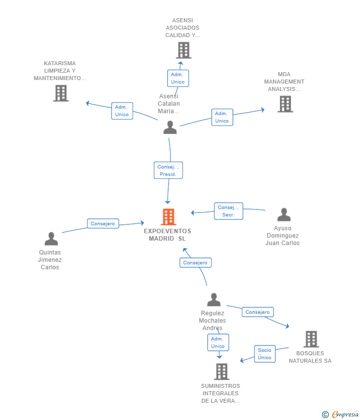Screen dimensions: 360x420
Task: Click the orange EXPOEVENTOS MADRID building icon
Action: click(168, 217)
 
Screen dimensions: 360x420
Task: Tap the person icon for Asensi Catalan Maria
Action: click(170, 127)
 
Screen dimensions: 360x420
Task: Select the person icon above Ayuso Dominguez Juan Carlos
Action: click(284, 214)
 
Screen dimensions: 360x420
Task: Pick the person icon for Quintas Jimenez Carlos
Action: click(51, 239)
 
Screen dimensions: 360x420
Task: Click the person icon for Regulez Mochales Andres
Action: click(214, 299)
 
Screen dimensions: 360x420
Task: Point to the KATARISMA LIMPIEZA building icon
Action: click(61, 93)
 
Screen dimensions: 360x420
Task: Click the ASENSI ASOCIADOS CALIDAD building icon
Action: click(183, 50)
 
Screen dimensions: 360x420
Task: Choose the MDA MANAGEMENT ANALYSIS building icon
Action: click(285, 104)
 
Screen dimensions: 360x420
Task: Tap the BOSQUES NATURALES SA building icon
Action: click(311, 339)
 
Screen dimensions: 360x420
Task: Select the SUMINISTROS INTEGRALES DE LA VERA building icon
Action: click(222, 372)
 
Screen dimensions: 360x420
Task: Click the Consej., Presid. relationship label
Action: click(168, 170)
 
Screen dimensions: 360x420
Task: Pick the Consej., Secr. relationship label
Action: click(228, 211)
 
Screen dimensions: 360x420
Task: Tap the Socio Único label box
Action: click(265, 354)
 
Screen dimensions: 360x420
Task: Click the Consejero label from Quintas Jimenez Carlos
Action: click(103, 224)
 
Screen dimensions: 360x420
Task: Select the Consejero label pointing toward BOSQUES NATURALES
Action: click(258, 312)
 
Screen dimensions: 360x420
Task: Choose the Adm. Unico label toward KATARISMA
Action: click(122, 111)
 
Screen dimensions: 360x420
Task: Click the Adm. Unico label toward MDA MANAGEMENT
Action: click(222, 117)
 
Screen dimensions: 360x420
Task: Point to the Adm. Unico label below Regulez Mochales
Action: click(218, 342)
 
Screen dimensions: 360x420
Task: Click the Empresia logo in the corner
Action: click(340, 415)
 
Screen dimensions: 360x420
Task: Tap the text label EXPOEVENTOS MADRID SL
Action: click(168, 235)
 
